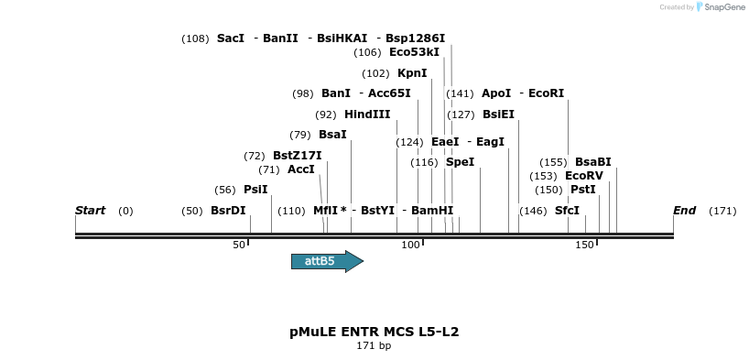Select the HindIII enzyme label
pyautogui.click(x=367, y=115)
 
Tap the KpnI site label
pyautogui.click(x=412, y=73)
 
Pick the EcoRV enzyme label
pyautogui.click(x=584, y=176)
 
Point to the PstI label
pyautogui.click(x=583, y=190)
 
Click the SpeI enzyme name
pyautogui.click(x=461, y=162)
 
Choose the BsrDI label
pyautogui.click(x=228, y=211)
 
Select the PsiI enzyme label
pyautogui.click(x=255, y=190)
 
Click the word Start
pyautogui.click(x=90, y=211)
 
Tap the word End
pyautogui.click(x=684, y=211)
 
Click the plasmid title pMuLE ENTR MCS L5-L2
pyautogui.click(x=374, y=332)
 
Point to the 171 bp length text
pyautogui.click(x=374, y=346)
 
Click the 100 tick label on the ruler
pyautogui.click(x=410, y=245)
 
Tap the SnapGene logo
pyautogui.click(x=721, y=7)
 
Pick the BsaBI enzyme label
pyautogui.click(x=593, y=162)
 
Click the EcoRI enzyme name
pyautogui.click(x=547, y=93)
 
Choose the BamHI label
pyautogui.click(x=432, y=211)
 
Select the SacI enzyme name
pyautogui.click(x=231, y=38)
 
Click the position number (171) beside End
pyautogui.click(x=722, y=211)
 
